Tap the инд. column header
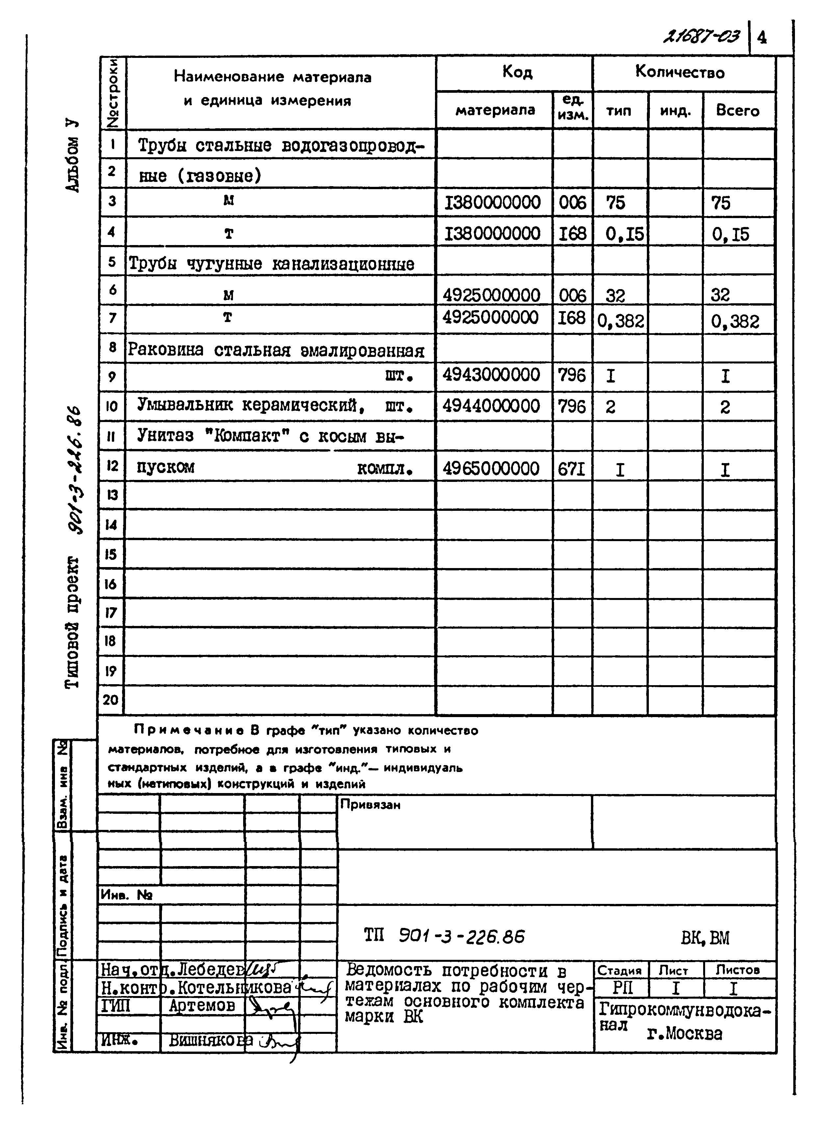(675, 111)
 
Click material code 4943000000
(491, 375)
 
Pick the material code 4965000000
(491, 468)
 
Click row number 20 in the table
(111, 700)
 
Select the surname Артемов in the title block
(202, 1006)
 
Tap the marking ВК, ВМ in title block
(705, 937)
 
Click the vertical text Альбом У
(72, 156)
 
